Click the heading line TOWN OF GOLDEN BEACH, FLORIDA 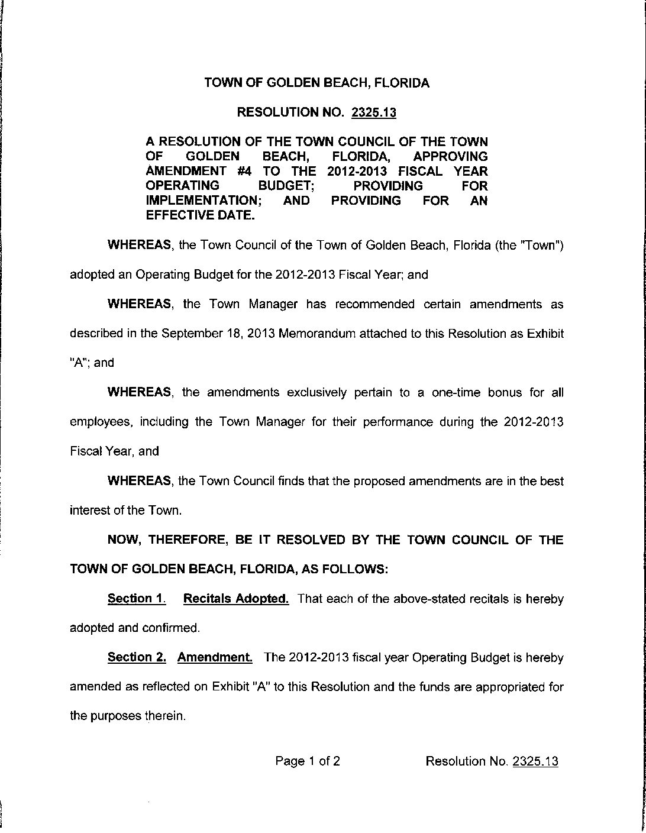tap(316, 83)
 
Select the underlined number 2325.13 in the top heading tap(373, 112)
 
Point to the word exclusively tap(317, 393)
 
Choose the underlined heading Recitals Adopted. tap(236, 599)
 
